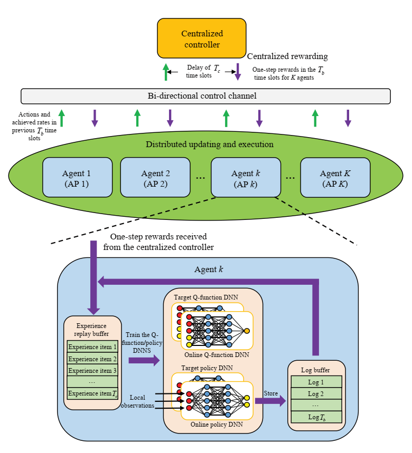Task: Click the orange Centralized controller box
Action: [x=201, y=38]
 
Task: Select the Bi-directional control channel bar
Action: [x=205, y=96]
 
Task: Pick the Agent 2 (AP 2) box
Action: [x=155, y=178]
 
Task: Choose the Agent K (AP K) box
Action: [x=335, y=178]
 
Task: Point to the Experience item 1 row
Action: [x=92, y=347]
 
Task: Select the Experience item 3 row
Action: [x=92, y=370]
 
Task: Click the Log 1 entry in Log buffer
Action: [x=315, y=382]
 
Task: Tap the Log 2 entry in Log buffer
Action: [x=315, y=393]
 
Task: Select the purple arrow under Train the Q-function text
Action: [x=144, y=360]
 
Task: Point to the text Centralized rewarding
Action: [x=287, y=56]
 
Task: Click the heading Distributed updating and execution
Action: [x=210, y=144]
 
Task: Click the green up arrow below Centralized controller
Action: [x=166, y=72]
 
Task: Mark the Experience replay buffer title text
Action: [x=92, y=330]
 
